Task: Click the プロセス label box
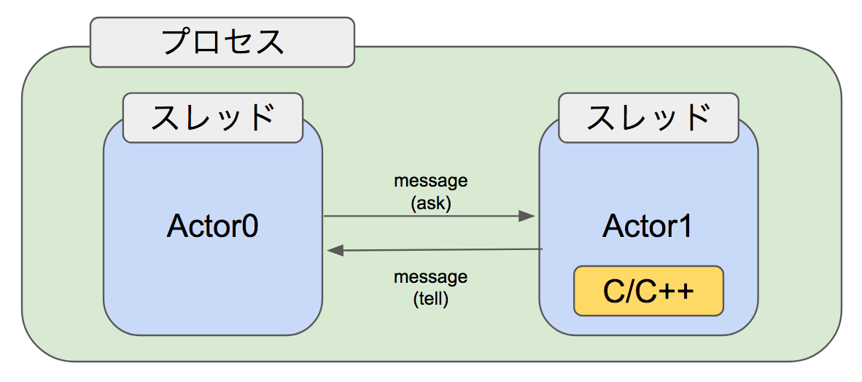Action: point(222,42)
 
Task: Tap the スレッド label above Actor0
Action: point(212,117)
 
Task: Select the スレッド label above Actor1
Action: point(648,117)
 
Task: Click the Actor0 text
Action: point(212,227)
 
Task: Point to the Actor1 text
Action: point(648,227)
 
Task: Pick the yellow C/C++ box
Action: point(648,291)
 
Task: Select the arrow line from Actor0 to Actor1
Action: point(423,216)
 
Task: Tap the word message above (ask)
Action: point(431,180)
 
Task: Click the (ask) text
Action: point(431,203)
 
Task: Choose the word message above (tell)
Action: point(431,277)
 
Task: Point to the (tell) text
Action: point(431,299)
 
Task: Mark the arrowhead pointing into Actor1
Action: point(527,216)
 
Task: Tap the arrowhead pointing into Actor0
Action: point(335,251)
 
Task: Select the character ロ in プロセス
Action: point(207,42)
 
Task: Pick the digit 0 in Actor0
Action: point(249,227)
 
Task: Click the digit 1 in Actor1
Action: point(683,227)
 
